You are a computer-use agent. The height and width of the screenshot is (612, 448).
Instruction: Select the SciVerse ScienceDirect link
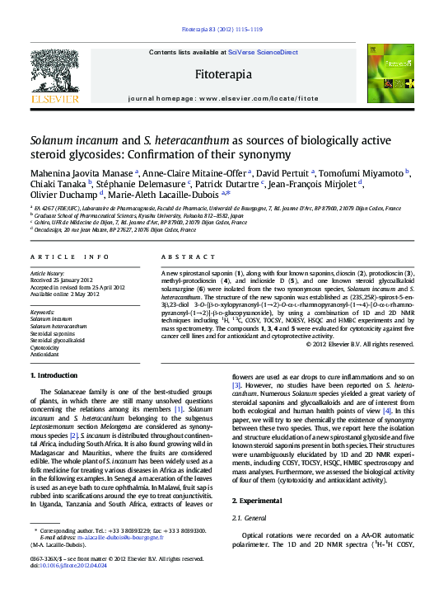click(263, 52)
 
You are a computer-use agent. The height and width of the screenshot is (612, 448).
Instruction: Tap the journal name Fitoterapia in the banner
click(222, 74)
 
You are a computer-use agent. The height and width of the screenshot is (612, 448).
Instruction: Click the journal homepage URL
click(259, 97)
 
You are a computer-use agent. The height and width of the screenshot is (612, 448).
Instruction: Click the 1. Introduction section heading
click(54, 375)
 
